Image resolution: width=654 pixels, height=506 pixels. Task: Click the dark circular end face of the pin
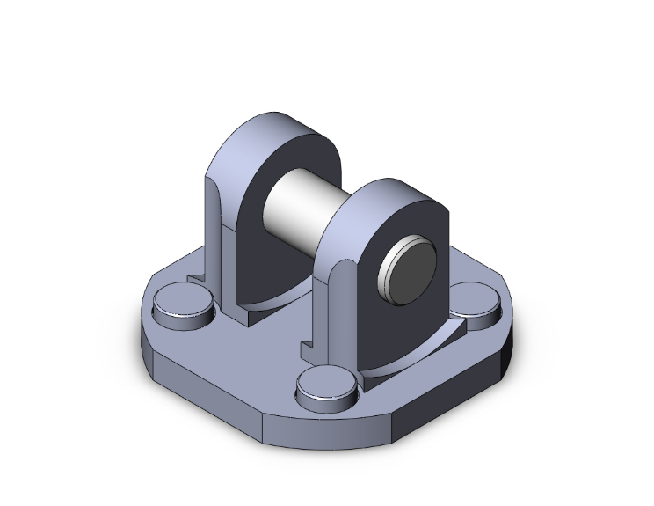click(412, 269)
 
